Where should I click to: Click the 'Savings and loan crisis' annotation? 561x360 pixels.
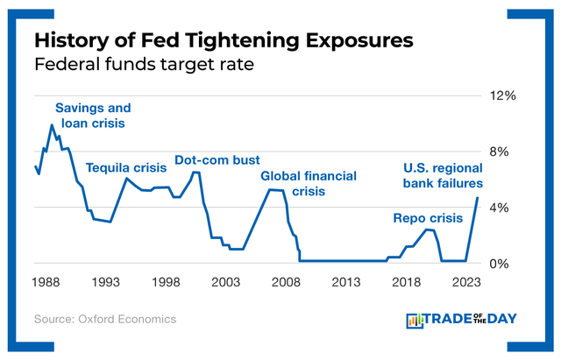point(93,116)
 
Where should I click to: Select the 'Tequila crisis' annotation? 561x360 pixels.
point(125,166)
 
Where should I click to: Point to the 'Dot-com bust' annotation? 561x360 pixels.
point(217,159)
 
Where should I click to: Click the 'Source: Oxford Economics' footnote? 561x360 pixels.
point(105,320)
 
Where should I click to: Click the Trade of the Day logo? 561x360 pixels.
point(463,320)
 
